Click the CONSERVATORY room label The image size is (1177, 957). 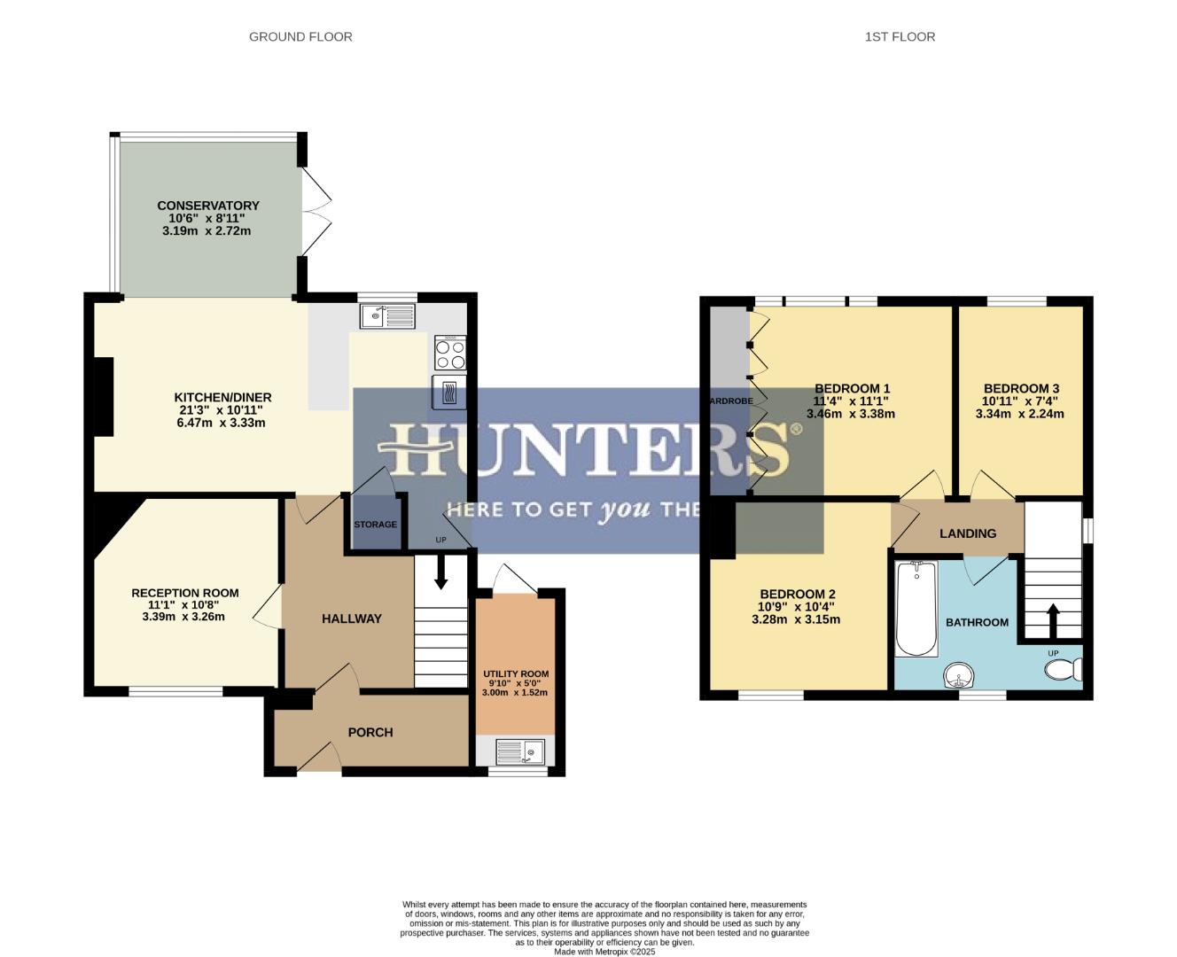(207, 206)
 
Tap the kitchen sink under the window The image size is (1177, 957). (388, 315)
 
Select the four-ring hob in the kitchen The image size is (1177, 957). (450, 354)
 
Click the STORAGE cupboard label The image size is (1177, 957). (375, 525)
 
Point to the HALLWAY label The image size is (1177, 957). (351, 619)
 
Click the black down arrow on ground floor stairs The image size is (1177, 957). (440, 578)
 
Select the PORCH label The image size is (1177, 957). (370, 732)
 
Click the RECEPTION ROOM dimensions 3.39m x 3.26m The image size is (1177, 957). (183, 617)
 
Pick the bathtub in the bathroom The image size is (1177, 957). (916, 610)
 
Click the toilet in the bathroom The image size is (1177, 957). (1064, 670)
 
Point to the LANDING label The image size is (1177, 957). (967, 533)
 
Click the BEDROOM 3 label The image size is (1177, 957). (1021, 388)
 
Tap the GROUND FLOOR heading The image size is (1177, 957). (300, 36)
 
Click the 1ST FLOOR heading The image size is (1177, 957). (900, 36)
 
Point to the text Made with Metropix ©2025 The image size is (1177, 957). (604, 952)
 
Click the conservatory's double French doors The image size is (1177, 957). (316, 211)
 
